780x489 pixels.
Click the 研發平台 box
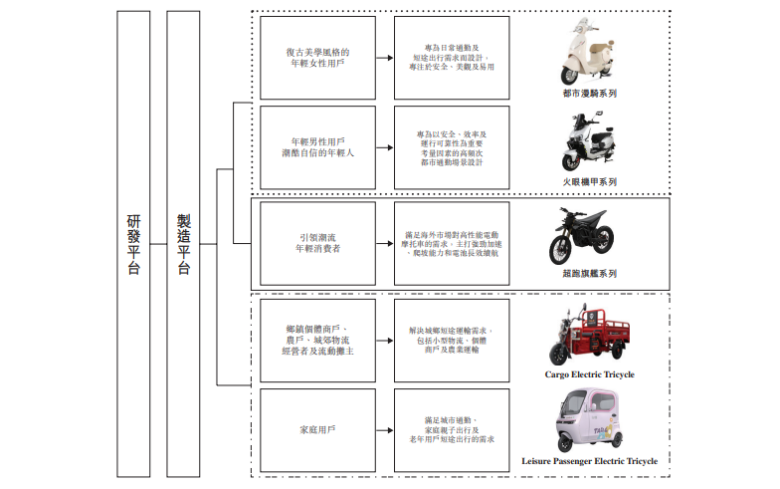pyautogui.click(x=132, y=244)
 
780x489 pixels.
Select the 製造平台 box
pyautogui.click(x=183, y=244)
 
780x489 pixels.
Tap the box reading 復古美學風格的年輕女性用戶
pyautogui.click(x=317, y=57)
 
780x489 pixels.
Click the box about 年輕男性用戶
pyautogui.click(x=317, y=147)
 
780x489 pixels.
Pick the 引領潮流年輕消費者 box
pyautogui.click(x=317, y=243)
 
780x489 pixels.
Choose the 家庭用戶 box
pyautogui.click(x=317, y=429)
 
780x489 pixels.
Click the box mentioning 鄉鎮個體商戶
pyautogui.click(x=317, y=339)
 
